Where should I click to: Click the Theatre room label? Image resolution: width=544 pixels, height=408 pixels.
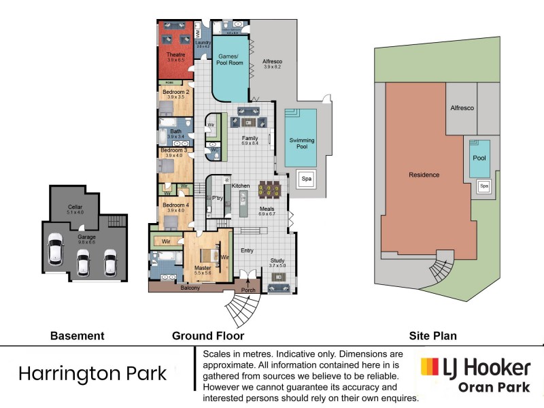(175, 54)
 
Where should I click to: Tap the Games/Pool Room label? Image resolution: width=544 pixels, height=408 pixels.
(230, 60)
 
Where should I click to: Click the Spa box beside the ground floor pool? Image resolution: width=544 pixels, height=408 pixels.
(307, 179)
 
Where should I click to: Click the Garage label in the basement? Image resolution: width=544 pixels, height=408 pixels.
(86, 237)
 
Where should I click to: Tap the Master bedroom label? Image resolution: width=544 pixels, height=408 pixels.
(203, 268)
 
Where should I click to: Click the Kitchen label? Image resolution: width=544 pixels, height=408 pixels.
(241, 186)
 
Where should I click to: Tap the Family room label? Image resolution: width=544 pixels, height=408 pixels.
(250, 138)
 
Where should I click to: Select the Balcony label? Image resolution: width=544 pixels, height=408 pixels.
(190, 288)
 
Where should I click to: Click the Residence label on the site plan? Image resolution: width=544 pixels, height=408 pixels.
(424, 175)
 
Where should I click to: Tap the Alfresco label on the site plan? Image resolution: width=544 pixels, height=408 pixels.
(462, 108)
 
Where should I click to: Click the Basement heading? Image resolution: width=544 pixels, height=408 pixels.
(78, 335)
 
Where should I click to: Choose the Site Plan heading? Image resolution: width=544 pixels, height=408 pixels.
(432, 335)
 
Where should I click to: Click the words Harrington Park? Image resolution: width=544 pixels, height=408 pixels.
(92, 373)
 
